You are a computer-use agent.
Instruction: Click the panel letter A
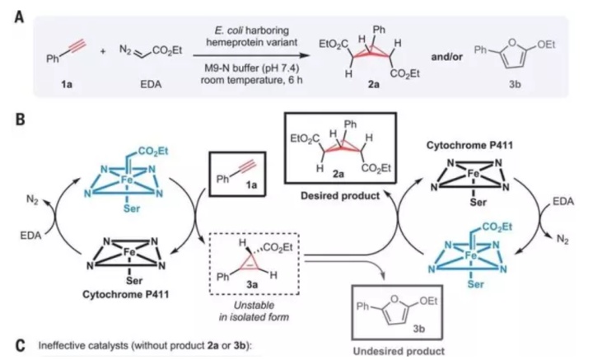click(19, 16)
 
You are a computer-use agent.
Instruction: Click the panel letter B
click(20, 119)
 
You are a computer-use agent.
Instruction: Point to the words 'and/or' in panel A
click(446, 57)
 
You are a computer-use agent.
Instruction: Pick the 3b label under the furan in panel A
click(515, 85)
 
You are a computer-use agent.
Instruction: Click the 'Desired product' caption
click(340, 195)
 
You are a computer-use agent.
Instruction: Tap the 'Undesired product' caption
click(399, 351)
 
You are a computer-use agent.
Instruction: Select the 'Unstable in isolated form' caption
click(254, 311)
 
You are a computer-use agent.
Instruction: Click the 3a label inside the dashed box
click(252, 284)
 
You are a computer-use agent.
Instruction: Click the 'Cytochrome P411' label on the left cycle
click(126, 294)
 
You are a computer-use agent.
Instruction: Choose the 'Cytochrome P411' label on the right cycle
click(469, 145)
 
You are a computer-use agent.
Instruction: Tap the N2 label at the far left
click(32, 200)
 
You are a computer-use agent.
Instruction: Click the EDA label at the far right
click(563, 201)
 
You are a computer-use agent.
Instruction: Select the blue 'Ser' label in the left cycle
click(131, 208)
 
